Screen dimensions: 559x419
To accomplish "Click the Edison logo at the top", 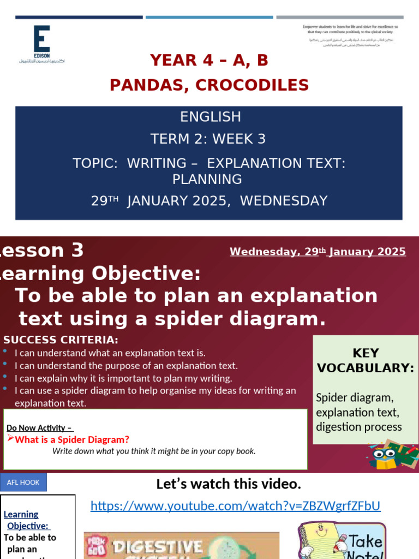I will click(x=41, y=44).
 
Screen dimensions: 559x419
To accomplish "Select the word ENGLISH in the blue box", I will click(x=210, y=117).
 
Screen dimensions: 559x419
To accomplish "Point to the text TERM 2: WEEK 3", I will click(x=208, y=139).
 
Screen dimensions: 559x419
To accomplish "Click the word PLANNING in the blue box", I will click(x=207, y=179).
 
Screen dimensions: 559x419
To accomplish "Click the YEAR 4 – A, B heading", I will click(x=209, y=60).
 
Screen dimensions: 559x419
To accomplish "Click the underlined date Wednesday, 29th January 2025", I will click(x=318, y=252).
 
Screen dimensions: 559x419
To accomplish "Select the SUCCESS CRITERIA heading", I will click(x=61, y=340).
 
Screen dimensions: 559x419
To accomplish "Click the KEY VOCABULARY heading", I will click(x=366, y=360).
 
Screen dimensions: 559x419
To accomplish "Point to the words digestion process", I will click(x=358, y=427).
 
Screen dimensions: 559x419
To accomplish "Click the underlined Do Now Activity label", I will click(x=40, y=428).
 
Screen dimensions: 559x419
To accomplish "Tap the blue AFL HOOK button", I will click(x=23, y=482).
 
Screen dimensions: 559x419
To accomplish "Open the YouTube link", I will click(x=235, y=506).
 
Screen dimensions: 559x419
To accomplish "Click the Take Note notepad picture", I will click(x=342, y=540).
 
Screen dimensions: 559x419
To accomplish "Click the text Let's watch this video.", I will click(x=229, y=484).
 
